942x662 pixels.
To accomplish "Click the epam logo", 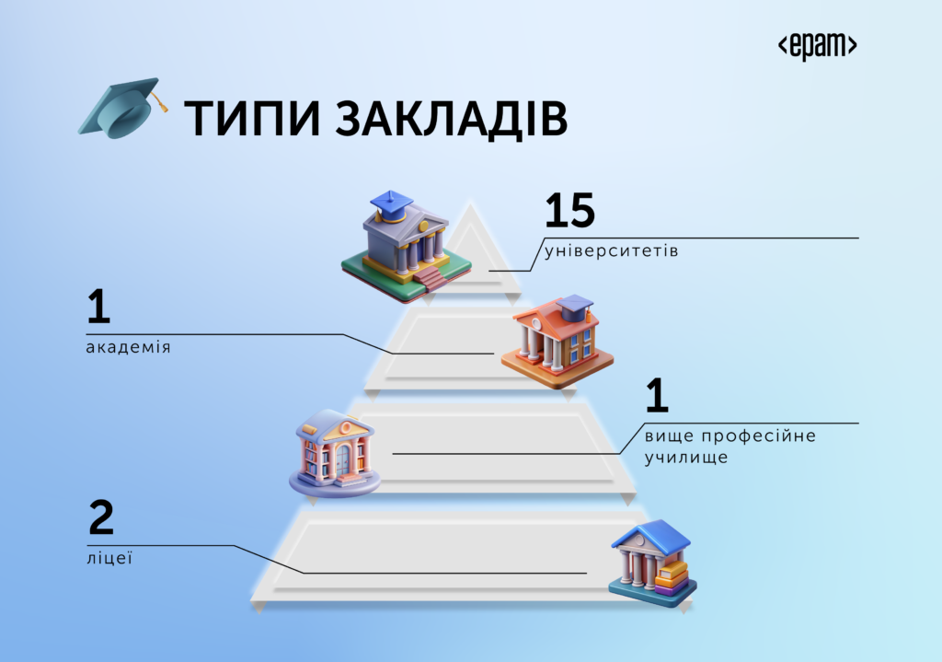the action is click(817, 46).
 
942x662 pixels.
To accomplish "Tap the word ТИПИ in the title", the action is click(252, 119).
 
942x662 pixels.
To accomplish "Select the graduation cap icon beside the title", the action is click(122, 108).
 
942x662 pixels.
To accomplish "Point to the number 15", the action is click(569, 210).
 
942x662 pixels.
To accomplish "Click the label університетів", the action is click(611, 250).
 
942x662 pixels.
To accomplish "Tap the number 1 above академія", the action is click(99, 307).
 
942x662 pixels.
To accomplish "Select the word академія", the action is click(128, 347).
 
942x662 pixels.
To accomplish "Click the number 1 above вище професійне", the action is click(657, 395).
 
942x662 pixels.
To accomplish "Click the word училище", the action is click(686, 458).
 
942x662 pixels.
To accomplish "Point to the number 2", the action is click(101, 517).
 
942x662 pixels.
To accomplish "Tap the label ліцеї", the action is click(109, 558).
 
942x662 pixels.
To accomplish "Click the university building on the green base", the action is click(406, 247).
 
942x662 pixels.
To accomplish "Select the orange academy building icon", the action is click(557, 341).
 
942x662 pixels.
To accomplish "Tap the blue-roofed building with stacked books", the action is click(652, 564).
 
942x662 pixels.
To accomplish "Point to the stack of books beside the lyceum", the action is click(671, 578).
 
